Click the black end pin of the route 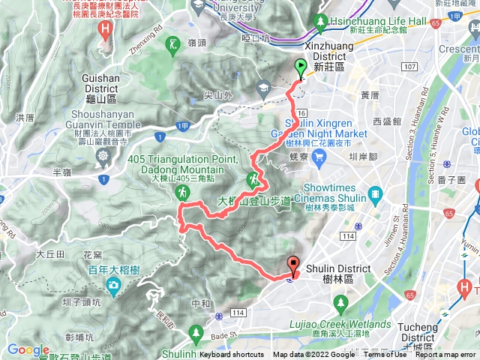(292, 265)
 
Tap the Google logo (28, 349)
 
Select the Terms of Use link (385, 355)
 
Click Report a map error (447, 355)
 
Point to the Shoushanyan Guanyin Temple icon (103, 156)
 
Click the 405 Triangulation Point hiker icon (182, 193)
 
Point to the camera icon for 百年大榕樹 (112, 285)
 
